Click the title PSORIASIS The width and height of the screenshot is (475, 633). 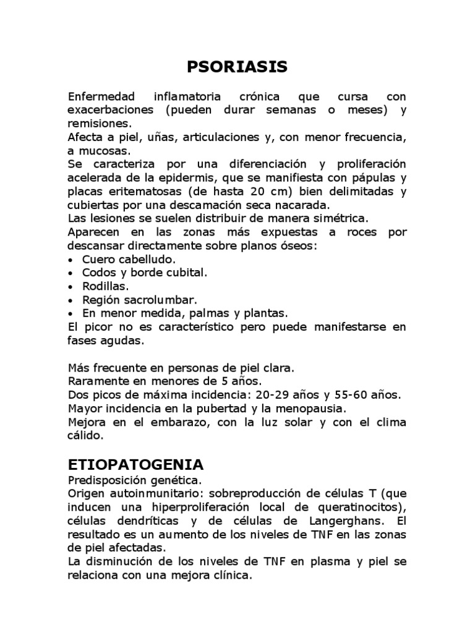coord(237,67)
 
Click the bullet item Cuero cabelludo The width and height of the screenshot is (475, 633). coord(129,258)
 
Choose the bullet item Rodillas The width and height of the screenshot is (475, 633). coord(106,286)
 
